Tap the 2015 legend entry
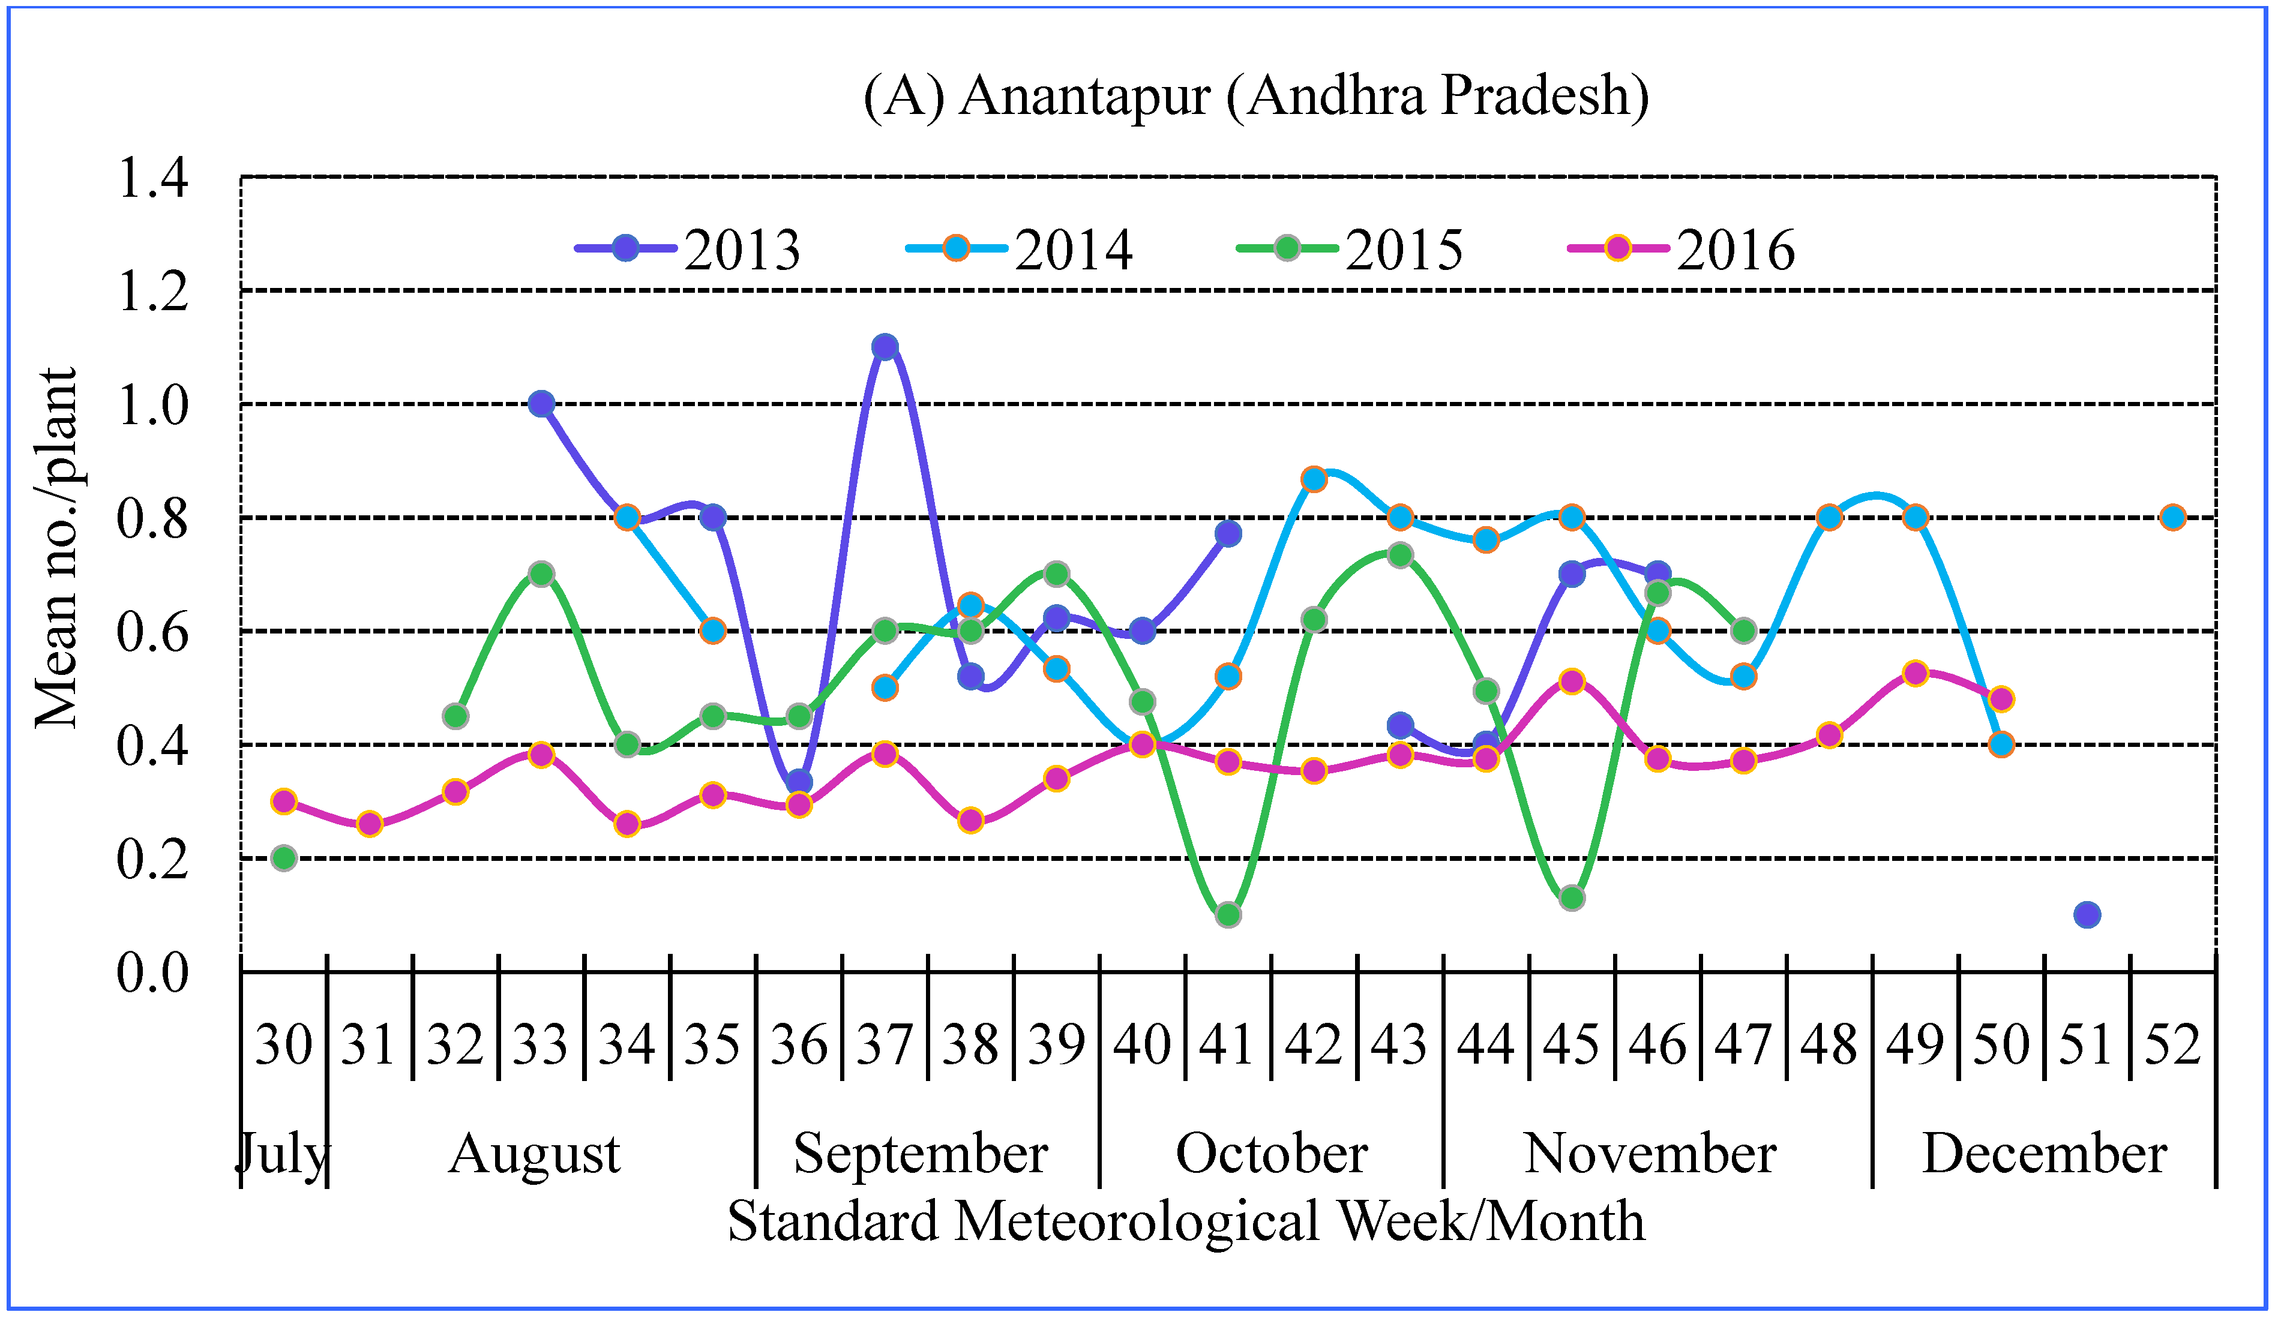tap(1350, 248)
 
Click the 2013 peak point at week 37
tap(885, 347)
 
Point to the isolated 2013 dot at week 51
tap(2087, 914)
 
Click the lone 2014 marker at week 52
tap(2173, 517)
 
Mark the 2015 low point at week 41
tap(1228, 914)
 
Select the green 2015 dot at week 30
tap(283, 858)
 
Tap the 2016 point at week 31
tap(369, 823)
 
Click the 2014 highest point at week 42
tap(1314, 479)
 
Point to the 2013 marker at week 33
tap(541, 404)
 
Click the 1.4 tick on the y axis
tap(154, 178)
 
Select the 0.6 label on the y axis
tap(154, 632)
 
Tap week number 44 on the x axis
tap(1485, 1044)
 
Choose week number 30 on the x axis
tap(283, 1044)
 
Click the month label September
tap(920, 1153)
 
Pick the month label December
tap(2044, 1153)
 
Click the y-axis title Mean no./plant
tap(56, 548)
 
